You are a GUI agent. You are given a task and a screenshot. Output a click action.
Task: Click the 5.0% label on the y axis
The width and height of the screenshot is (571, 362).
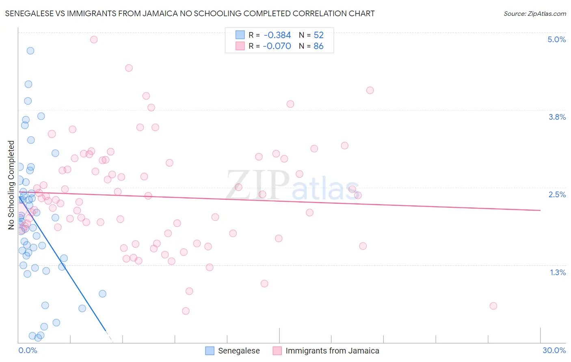[x=556, y=39]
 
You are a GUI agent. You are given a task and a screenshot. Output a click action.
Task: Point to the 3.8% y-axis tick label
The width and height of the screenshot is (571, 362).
[x=557, y=117]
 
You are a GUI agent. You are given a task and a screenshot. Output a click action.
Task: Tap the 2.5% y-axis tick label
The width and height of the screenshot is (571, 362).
[x=557, y=194]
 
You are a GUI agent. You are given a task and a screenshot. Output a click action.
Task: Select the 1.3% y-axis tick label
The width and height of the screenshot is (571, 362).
[x=558, y=272]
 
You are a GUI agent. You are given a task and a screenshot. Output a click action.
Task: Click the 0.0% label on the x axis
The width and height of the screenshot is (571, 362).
[x=28, y=350]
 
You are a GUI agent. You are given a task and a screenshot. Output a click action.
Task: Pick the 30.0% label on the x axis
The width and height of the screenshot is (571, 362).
[x=554, y=350]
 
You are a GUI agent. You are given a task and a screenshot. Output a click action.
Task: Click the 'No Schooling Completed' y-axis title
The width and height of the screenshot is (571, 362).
[x=11, y=185]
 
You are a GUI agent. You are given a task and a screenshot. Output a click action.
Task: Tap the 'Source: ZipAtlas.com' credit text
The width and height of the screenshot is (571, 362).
[x=534, y=13]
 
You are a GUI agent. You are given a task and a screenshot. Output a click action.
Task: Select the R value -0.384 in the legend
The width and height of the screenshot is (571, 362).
[x=277, y=35]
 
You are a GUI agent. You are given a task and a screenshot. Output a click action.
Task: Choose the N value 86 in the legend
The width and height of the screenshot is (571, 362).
[x=318, y=46]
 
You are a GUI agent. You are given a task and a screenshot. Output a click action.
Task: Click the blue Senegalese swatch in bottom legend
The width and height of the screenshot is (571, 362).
[x=210, y=351]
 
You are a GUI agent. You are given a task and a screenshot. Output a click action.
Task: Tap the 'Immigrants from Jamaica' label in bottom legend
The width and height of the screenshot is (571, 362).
[x=332, y=351]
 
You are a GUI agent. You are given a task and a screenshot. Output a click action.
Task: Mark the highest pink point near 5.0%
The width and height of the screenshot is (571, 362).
[x=94, y=39]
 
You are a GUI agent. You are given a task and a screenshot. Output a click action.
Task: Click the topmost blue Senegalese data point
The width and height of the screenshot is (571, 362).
[x=30, y=51]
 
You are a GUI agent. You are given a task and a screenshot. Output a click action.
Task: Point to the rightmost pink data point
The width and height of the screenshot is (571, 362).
[x=493, y=306]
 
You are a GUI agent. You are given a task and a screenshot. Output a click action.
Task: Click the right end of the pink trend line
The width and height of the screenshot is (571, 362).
[x=540, y=210]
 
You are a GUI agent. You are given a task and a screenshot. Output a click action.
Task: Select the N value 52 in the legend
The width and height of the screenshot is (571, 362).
[x=318, y=35]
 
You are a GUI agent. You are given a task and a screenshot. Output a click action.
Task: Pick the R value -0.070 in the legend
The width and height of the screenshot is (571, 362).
[x=277, y=46]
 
